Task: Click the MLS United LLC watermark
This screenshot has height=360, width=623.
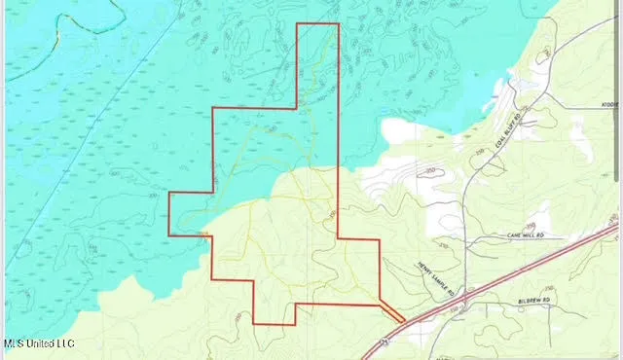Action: coord(39,343)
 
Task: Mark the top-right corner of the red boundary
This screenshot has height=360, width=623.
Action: coord(339,23)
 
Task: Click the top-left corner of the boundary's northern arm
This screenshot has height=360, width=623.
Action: coord(295,23)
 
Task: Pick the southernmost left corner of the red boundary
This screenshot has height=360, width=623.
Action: coord(253,324)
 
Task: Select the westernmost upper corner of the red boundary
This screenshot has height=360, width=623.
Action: coord(169,192)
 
